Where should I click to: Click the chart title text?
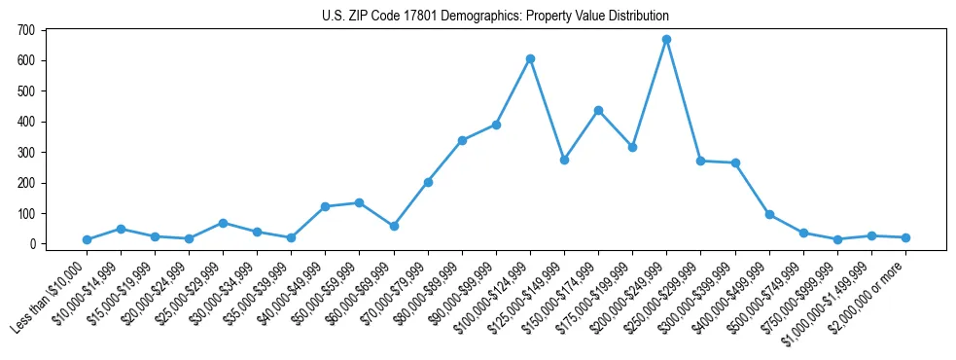pyautogui.click(x=495, y=17)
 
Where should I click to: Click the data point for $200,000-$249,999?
pyautogui.click(x=666, y=40)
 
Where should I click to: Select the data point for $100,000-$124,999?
pyautogui.click(x=530, y=58)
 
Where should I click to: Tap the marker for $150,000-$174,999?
pyautogui.click(x=598, y=110)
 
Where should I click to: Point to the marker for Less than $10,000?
pyautogui.click(x=87, y=239)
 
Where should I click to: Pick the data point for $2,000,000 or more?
pyautogui.click(x=905, y=237)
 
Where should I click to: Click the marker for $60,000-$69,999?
pyautogui.click(x=394, y=226)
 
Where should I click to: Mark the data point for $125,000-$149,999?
pyautogui.click(x=564, y=160)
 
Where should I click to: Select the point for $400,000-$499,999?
pyautogui.click(x=769, y=214)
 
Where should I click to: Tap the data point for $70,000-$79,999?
pyautogui.click(x=428, y=182)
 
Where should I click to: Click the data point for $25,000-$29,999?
pyautogui.click(x=223, y=223)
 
